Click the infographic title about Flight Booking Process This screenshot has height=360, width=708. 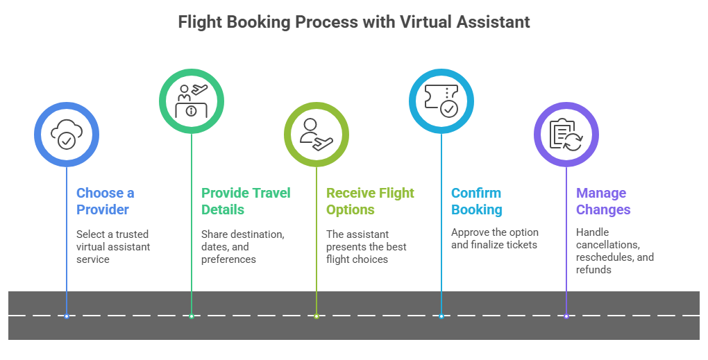coord(354,22)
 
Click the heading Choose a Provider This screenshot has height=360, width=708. coord(106,201)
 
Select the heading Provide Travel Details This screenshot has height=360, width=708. coord(246,201)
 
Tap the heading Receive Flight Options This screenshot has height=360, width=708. coord(370,201)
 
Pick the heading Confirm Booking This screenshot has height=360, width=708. coord(477,201)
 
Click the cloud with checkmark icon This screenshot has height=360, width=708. coord(67,134)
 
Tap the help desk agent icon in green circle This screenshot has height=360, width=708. coord(192,101)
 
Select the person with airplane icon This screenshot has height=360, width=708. coord(317,135)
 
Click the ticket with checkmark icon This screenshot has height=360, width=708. coord(441,101)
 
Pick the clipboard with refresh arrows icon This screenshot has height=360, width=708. coord(566,135)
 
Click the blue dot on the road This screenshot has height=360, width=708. coord(67,316)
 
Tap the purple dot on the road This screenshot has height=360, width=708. coord(566,316)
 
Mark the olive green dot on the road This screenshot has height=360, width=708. coord(317,316)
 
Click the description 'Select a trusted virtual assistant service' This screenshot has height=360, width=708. coord(113,247)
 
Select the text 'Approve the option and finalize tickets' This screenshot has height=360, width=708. coord(495,239)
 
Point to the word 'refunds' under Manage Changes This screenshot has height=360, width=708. coord(593,270)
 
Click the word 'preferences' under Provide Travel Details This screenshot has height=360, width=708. coord(228,259)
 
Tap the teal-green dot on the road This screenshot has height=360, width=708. coord(192,316)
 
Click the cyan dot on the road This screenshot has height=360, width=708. coord(441,316)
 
